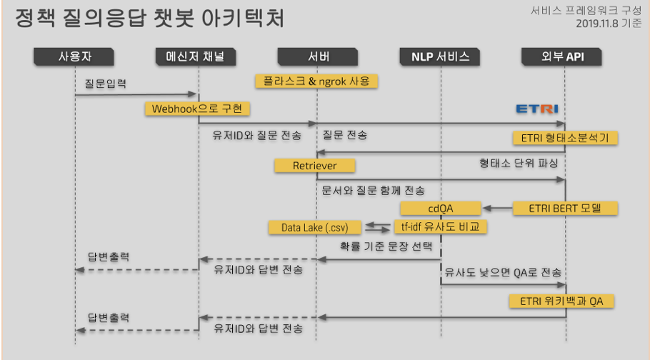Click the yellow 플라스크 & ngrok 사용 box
tap(316, 81)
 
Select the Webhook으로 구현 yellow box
tap(198, 109)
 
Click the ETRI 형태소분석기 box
tap(564, 137)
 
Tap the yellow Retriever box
tap(315, 166)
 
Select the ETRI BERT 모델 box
tap(565, 209)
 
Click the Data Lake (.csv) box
tap(315, 227)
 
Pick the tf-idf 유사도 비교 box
tap(440, 227)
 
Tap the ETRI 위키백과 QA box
tap(561, 301)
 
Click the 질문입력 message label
tap(104, 84)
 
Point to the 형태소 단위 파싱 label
tap(518, 163)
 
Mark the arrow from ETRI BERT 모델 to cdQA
tap(498, 209)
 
